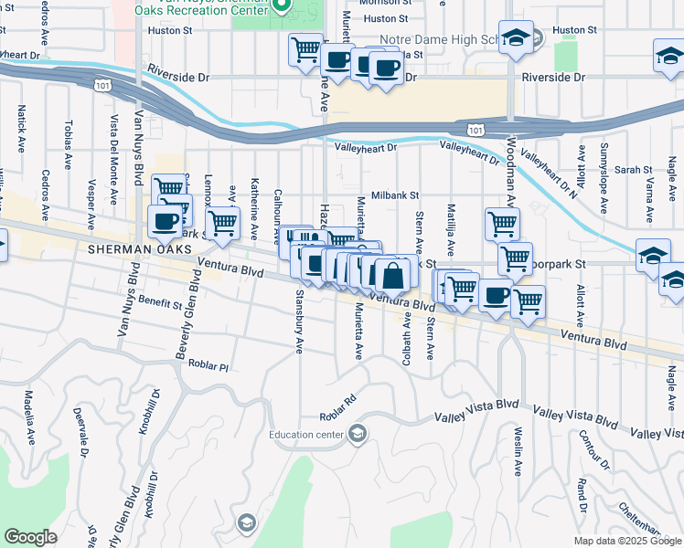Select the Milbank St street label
[394, 195]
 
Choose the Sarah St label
[633, 170]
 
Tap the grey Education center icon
[358, 433]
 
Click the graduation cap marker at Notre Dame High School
[517, 39]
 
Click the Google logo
[30, 537]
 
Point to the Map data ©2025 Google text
[627, 541]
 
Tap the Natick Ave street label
[21, 128]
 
